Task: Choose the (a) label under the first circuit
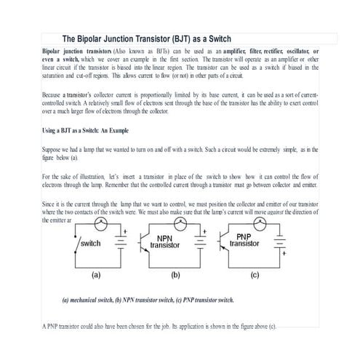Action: [x=95, y=276]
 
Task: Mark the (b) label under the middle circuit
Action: [x=175, y=276]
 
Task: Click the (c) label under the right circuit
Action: [x=254, y=276]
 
